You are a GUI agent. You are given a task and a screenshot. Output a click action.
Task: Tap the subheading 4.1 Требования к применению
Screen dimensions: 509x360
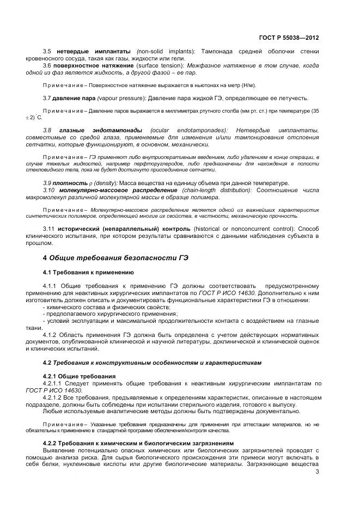88,272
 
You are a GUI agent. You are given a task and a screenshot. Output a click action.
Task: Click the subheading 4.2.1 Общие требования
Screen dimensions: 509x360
79,376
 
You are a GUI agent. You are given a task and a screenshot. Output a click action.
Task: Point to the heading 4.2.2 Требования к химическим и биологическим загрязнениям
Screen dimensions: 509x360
138,443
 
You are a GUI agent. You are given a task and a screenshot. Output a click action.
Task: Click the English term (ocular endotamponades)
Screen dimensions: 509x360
196,131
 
